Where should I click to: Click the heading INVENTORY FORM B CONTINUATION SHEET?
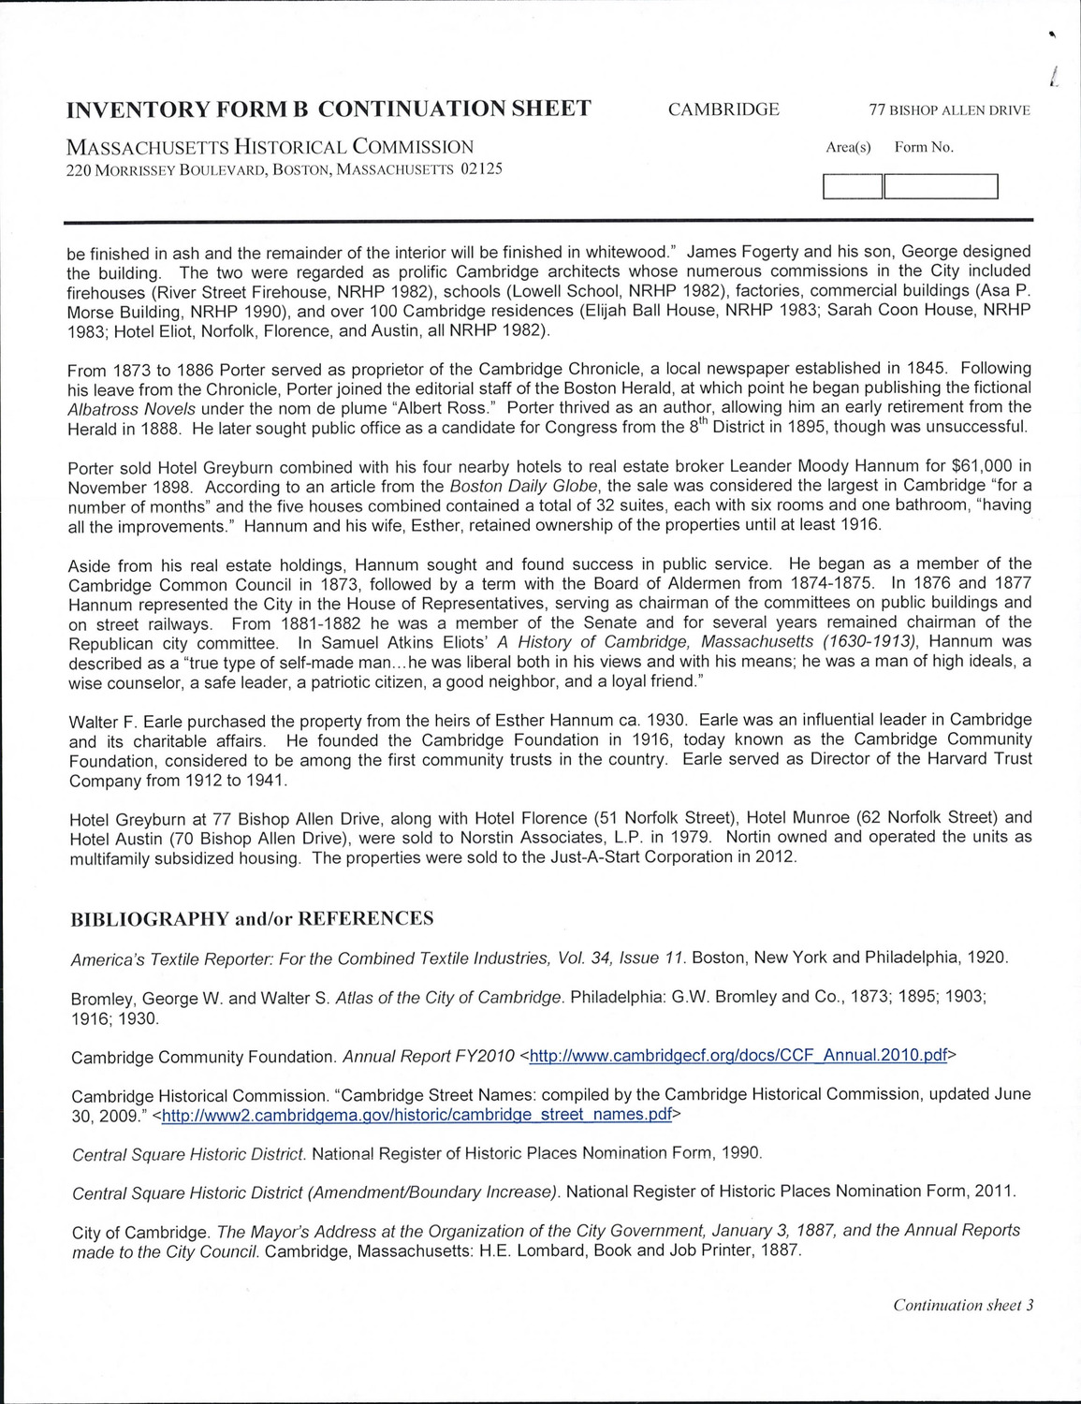[x=329, y=110]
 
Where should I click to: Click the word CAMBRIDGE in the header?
[x=723, y=110]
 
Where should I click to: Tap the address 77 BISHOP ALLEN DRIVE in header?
[x=949, y=110]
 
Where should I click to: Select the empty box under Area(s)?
[x=852, y=187]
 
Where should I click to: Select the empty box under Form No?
[x=941, y=187]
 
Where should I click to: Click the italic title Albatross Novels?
[x=131, y=408]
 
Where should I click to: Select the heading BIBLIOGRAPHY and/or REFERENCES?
[x=253, y=918]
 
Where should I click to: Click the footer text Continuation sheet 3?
[x=962, y=1306]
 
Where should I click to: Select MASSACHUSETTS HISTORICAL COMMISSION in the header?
[x=270, y=147]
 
